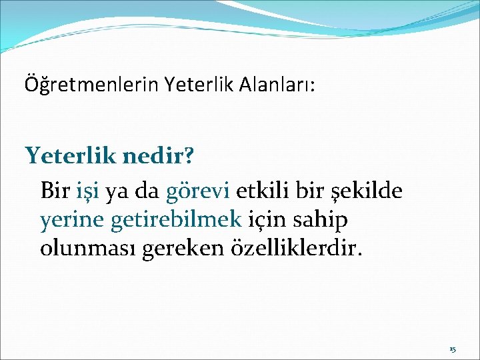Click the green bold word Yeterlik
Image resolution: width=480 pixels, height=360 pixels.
coord(71,156)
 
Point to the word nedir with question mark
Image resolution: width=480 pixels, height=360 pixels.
coord(159,156)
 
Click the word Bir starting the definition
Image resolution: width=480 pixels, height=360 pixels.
coord(55,191)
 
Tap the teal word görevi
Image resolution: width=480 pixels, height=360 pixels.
coord(198,191)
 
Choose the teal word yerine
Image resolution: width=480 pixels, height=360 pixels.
coord(69,219)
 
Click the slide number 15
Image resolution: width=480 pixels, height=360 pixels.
coord(453,349)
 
